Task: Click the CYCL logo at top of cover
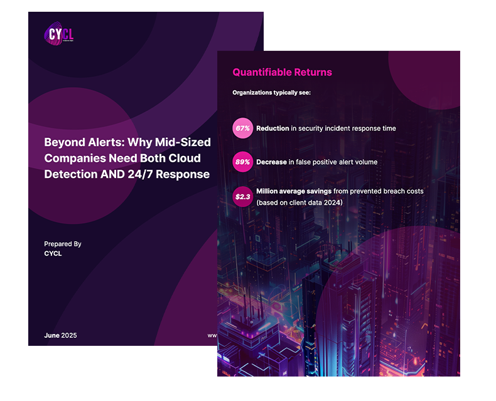[x=58, y=33]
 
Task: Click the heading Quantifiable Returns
[x=282, y=72]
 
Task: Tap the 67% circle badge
[x=242, y=128]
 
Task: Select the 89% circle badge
[x=242, y=162]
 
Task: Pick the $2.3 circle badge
[x=242, y=196]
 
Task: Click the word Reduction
[x=272, y=128]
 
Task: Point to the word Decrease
[x=271, y=162]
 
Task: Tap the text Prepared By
[x=63, y=244]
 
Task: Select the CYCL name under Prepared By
[x=53, y=254]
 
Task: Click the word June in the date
[x=52, y=336]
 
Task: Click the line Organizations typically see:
[x=271, y=93]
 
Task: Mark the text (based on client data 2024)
[x=299, y=202]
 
